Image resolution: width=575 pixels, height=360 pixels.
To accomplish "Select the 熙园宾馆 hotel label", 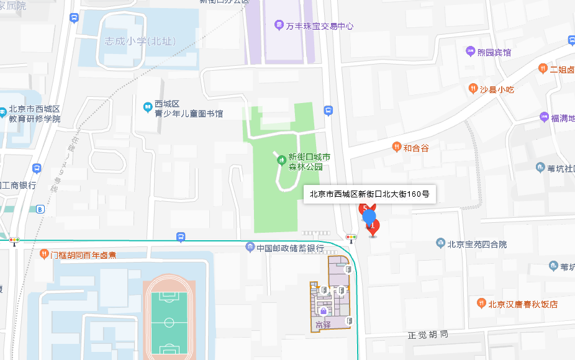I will click(x=494, y=53).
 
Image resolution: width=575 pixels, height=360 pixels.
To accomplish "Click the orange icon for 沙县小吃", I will click(x=473, y=89).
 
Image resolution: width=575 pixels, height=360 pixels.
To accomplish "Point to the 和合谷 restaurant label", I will click(x=415, y=148).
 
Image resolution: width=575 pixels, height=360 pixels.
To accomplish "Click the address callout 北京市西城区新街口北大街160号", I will click(x=369, y=194).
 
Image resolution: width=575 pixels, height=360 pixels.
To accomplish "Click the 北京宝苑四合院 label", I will click(x=476, y=244).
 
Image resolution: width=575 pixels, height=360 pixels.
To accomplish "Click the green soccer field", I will click(x=168, y=322).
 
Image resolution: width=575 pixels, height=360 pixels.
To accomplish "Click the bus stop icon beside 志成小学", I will click(x=74, y=19).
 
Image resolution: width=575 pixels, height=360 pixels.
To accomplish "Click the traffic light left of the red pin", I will click(x=351, y=237).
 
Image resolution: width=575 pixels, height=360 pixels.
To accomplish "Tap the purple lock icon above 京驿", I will click(x=323, y=309).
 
